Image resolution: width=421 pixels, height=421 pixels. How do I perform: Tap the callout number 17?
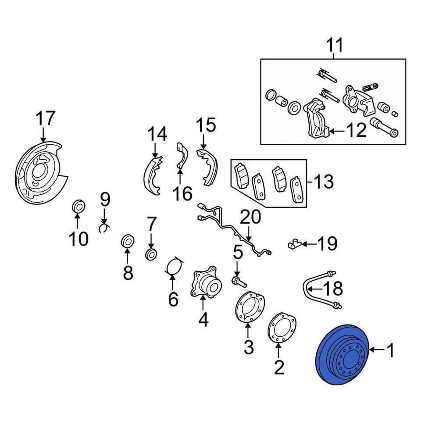point(46,119)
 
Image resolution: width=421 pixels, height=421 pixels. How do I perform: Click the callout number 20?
point(250,217)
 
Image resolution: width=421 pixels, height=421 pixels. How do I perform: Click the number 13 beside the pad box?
point(324,181)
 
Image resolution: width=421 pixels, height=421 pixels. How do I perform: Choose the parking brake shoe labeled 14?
point(152,174)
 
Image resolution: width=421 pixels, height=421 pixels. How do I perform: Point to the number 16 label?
point(182,193)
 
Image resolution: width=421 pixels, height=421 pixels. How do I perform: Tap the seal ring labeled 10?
point(78,206)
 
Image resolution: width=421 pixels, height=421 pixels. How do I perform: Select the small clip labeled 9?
point(104,228)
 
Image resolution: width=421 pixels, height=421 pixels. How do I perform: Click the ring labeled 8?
point(128,241)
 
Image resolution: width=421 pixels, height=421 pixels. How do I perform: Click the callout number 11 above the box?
point(334,45)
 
